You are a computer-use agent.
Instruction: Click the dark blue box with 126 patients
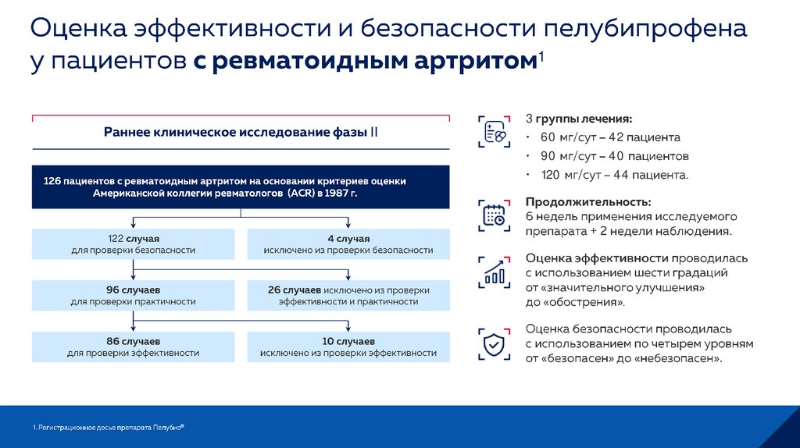tap(240, 187)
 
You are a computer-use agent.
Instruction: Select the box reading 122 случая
tap(134, 244)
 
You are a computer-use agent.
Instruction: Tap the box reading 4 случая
tap(348, 244)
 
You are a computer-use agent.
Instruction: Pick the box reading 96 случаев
tap(134, 295)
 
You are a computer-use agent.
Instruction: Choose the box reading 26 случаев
tap(348, 295)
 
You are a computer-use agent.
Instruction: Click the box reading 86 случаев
tap(134, 347)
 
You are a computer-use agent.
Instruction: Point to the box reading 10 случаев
tap(348, 347)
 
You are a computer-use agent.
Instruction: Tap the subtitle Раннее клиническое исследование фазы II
tap(241, 132)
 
